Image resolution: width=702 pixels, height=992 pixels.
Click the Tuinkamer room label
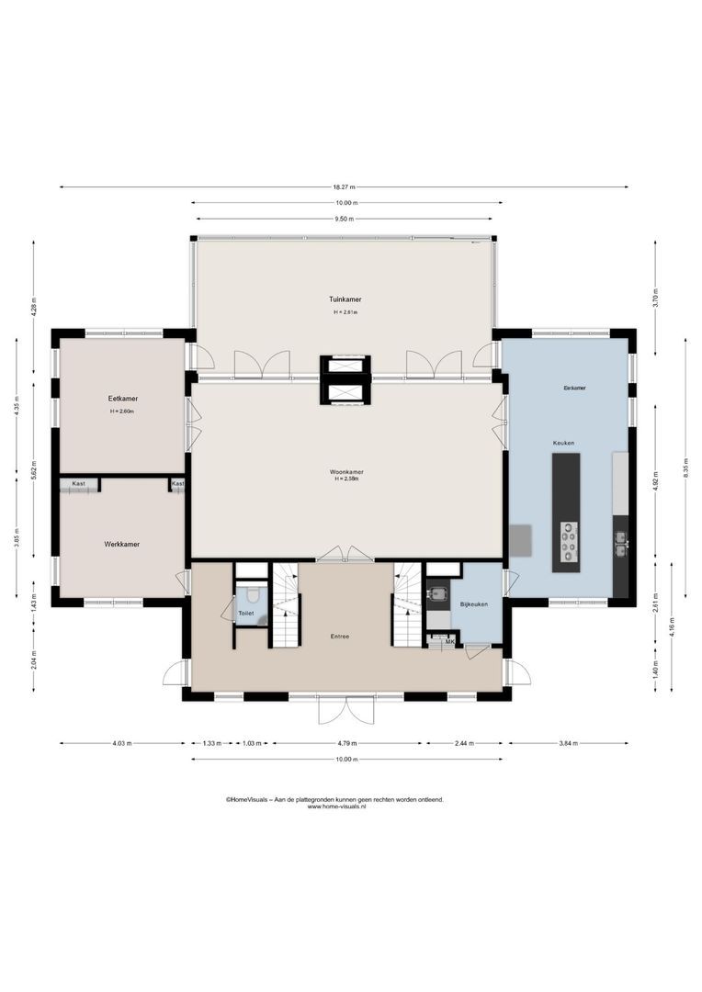[x=345, y=299]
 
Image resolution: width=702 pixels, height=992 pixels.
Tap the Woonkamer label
[x=346, y=472]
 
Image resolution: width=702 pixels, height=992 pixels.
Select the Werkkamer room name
[x=121, y=545]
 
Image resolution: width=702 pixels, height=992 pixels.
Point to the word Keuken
[x=563, y=443]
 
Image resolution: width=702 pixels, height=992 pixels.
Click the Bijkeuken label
[x=473, y=604]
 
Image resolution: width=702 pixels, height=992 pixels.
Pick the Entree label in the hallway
[x=340, y=636]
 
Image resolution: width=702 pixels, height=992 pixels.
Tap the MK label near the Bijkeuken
[x=449, y=641]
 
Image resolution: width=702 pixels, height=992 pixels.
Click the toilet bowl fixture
[x=253, y=596]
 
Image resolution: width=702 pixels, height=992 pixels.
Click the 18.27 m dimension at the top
[x=345, y=187]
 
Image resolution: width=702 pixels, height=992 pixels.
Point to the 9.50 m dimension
[x=345, y=220]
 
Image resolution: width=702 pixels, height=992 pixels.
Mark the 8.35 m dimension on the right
[x=685, y=468]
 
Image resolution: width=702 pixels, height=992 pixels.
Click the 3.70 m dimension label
[x=655, y=298]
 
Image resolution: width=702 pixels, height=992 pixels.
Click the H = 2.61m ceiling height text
[x=345, y=313]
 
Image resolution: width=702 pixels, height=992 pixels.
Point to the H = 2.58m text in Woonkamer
[x=346, y=479]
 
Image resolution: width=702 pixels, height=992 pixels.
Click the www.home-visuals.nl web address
[x=336, y=806]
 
